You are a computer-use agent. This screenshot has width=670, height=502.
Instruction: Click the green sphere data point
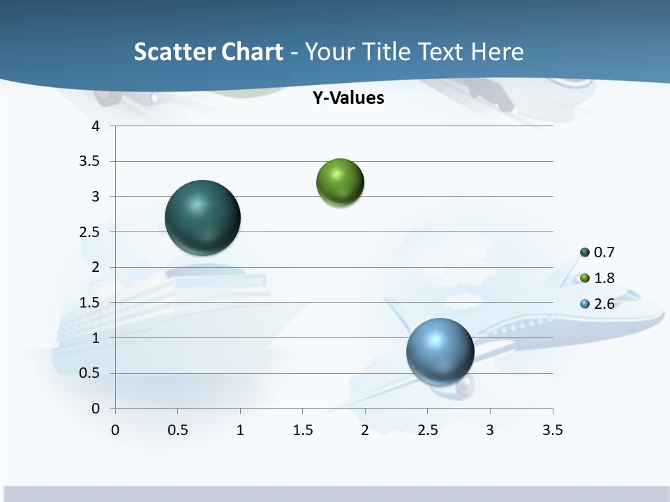tap(340, 183)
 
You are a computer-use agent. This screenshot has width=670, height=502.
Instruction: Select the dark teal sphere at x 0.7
tap(203, 218)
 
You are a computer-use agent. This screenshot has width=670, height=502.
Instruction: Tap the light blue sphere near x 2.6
tap(440, 351)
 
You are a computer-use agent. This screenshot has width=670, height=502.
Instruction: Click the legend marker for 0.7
tap(585, 252)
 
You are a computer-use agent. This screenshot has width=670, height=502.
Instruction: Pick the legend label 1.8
tap(604, 278)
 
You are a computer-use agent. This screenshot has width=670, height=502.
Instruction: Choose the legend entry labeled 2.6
tap(604, 304)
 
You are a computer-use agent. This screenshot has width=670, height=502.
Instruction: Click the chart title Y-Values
tap(348, 98)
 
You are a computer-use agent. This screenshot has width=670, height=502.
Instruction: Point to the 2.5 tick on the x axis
tap(427, 430)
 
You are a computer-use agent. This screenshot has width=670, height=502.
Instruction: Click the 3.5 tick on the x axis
tap(552, 430)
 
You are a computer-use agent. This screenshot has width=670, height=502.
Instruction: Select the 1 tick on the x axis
tap(240, 430)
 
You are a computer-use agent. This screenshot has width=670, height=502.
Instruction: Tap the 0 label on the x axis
tap(115, 430)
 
